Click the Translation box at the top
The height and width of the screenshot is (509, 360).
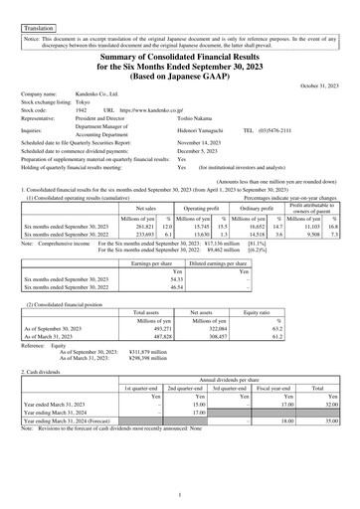(x=37, y=18)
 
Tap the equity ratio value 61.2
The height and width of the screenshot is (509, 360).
(x=275, y=336)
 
